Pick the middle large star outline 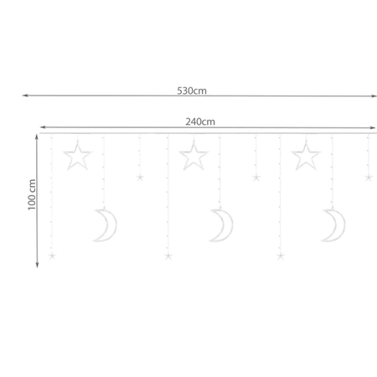[x=194, y=155]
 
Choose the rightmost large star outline [x=306, y=155]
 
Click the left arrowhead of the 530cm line [x=24, y=96]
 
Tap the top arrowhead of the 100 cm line [x=38, y=136]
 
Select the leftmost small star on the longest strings [x=52, y=256]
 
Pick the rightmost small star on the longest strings [x=280, y=256]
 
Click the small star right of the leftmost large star [x=140, y=178]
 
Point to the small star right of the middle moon [x=256, y=178]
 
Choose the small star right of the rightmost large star [x=368, y=178]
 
